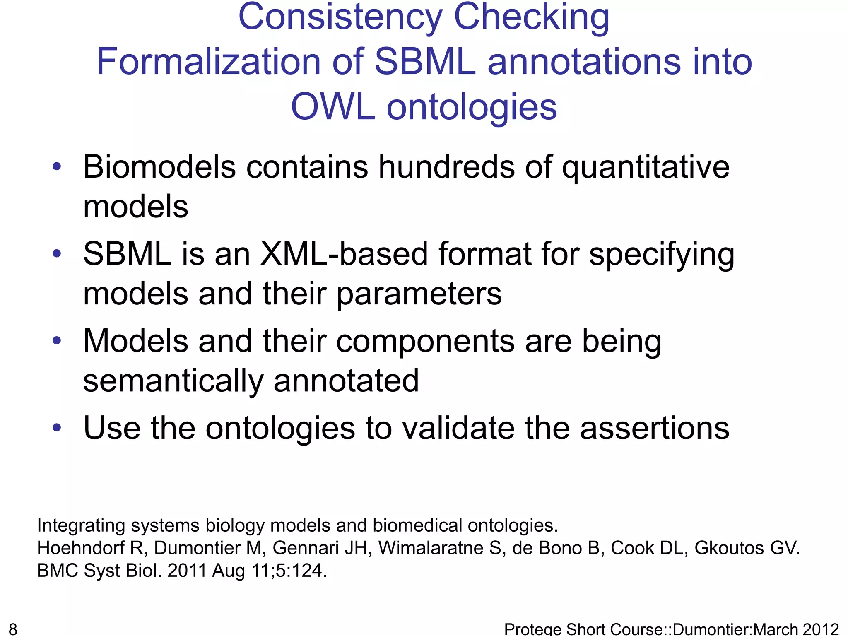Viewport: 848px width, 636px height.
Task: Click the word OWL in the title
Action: tap(333, 107)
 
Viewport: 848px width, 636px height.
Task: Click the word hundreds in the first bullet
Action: tap(447, 167)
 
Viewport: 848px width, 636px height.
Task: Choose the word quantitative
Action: tap(646, 167)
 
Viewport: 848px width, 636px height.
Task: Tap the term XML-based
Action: tap(344, 254)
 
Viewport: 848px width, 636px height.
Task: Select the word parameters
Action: tap(419, 294)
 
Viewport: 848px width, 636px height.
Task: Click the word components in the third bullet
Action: tap(425, 341)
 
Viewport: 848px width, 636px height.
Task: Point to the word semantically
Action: tap(173, 381)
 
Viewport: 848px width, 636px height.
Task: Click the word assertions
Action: tap(655, 428)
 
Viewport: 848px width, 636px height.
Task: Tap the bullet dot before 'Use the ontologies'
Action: tap(57, 427)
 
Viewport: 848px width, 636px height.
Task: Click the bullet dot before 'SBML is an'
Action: tap(57, 253)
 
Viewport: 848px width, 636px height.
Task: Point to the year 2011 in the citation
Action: tap(187, 571)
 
